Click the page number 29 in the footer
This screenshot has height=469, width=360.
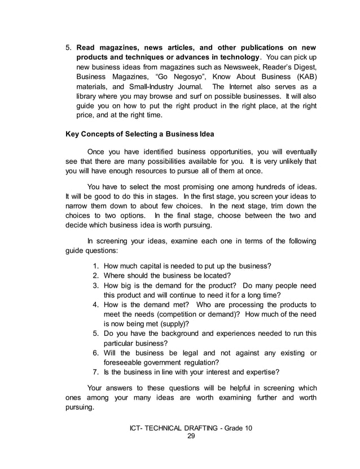(x=190, y=436)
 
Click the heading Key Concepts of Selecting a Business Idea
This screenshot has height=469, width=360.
(x=140, y=134)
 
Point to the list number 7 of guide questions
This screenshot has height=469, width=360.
(x=95, y=372)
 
